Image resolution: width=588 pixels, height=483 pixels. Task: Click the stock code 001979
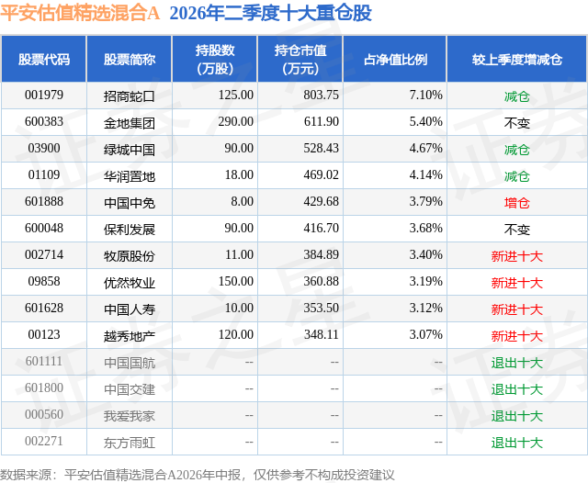pos(44,95)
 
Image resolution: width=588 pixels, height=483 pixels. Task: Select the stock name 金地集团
pos(130,123)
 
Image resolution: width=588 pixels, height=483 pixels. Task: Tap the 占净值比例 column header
pos(395,59)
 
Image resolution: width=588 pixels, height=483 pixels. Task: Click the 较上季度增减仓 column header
pos(517,59)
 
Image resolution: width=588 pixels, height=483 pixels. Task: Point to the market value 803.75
pos(321,95)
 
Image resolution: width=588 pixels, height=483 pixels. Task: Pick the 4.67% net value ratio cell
pos(425,149)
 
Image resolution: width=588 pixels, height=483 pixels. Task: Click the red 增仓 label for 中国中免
pos(517,203)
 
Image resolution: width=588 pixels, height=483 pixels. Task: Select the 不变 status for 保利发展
pos(517,230)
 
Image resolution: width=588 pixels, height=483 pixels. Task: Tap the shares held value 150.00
pos(236,281)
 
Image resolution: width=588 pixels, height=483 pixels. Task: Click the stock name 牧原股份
pos(130,256)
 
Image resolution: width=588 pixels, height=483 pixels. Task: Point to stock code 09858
pos(44,281)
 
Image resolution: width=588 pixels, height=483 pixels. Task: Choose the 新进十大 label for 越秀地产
pos(517,336)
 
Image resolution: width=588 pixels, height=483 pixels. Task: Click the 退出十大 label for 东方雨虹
pos(517,443)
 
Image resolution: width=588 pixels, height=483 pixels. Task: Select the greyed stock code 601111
pos(44,361)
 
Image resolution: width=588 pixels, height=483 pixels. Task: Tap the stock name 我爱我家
pos(130,416)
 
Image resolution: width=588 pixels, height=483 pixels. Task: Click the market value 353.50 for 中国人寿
pos(321,308)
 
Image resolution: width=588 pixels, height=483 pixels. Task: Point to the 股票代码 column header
pos(44,59)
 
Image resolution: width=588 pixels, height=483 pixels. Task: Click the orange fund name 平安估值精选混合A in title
pos(80,13)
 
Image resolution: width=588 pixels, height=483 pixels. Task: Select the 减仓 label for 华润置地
pos(517,176)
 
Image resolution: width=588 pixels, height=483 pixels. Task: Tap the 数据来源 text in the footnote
pos(26,475)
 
